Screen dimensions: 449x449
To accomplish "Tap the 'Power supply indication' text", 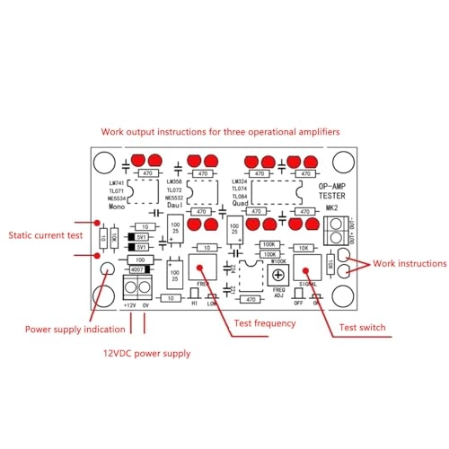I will (x=68, y=329).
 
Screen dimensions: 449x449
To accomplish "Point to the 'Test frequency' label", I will (x=266, y=323).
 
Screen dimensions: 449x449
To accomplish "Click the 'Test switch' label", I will (x=362, y=328).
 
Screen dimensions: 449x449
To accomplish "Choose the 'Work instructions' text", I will (x=409, y=264).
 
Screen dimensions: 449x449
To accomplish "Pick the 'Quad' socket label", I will (x=240, y=203).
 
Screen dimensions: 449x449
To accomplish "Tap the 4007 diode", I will (x=138, y=269).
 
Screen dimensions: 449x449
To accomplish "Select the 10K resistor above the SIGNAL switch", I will (x=304, y=249).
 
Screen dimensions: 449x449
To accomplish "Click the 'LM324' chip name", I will (x=239, y=182).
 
